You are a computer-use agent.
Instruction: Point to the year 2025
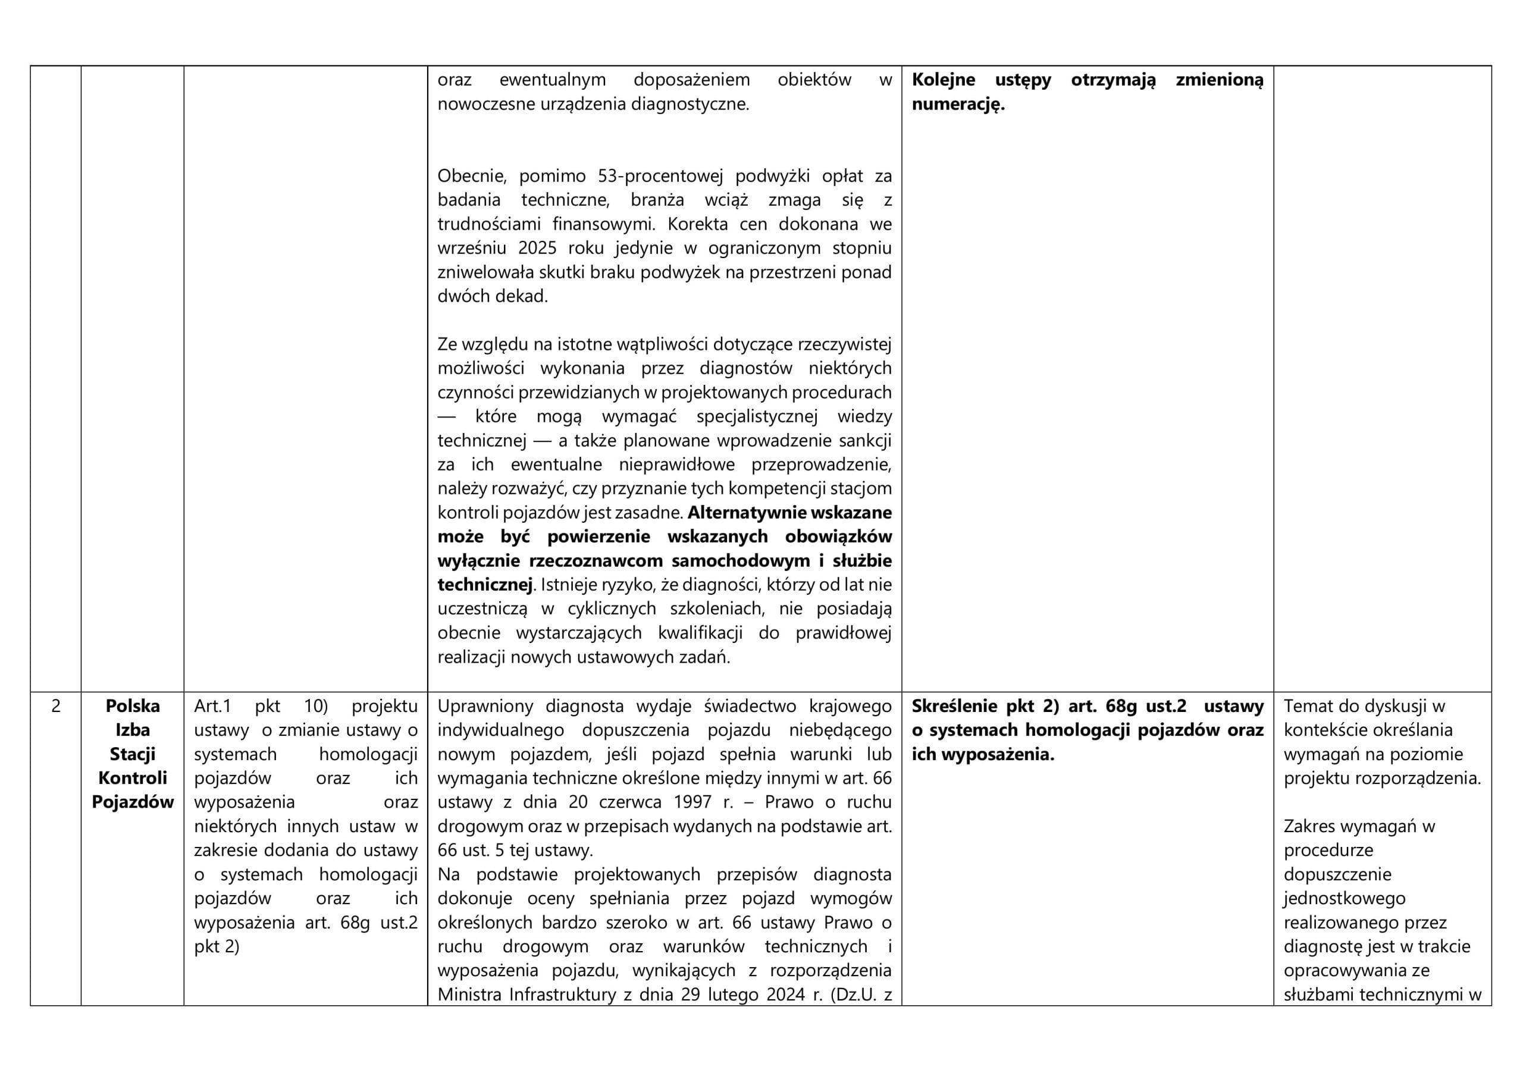click(x=537, y=249)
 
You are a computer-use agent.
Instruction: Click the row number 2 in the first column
click(x=56, y=707)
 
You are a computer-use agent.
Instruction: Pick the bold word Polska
click(x=133, y=707)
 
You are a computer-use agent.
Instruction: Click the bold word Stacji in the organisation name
click(x=133, y=754)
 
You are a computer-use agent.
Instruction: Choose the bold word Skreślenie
click(x=954, y=707)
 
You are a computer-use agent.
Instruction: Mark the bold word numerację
click(x=958, y=105)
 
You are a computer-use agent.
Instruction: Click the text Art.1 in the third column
click(x=212, y=707)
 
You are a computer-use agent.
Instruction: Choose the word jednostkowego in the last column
click(x=1344, y=899)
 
